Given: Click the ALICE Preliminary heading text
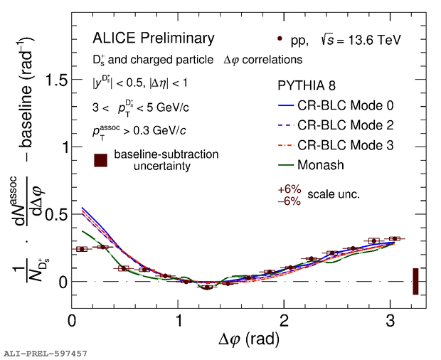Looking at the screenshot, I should [x=153, y=38].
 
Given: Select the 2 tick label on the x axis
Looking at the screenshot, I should [x=284, y=321].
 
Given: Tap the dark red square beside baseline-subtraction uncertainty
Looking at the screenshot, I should [x=101, y=160].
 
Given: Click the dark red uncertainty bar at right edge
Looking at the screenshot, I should [x=415, y=281].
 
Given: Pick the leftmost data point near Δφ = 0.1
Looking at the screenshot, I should [x=82, y=249].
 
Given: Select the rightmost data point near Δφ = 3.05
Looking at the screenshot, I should [x=395, y=239].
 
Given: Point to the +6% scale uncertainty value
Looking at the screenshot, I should [x=289, y=190].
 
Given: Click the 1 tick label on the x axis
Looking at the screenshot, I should [x=178, y=321].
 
